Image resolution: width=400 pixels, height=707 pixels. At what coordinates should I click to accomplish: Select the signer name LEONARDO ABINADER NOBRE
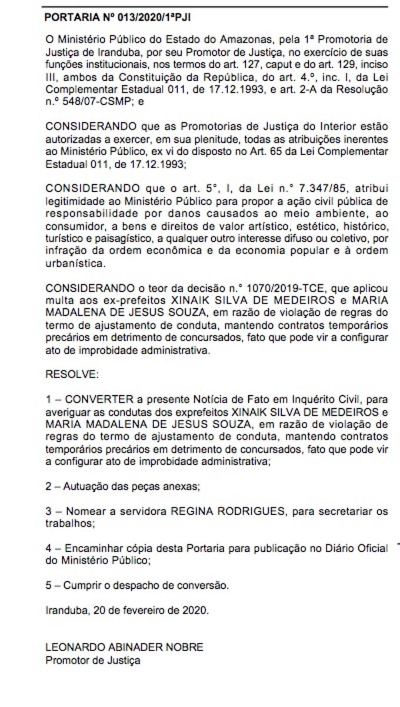click(x=124, y=647)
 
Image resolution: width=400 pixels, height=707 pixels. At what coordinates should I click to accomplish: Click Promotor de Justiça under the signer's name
click(x=93, y=660)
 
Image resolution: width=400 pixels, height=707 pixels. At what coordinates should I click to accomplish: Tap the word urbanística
click(x=74, y=264)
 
